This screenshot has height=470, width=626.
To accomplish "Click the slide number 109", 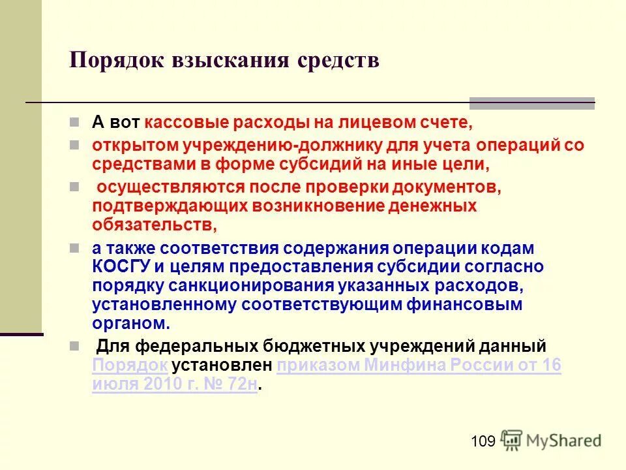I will click(483, 442).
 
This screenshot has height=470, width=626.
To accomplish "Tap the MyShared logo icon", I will click(513, 441).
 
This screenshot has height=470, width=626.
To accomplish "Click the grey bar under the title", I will click(532, 102).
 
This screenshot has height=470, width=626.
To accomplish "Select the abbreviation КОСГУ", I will click(122, 267).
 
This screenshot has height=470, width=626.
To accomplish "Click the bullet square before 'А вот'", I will click(74, 122).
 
